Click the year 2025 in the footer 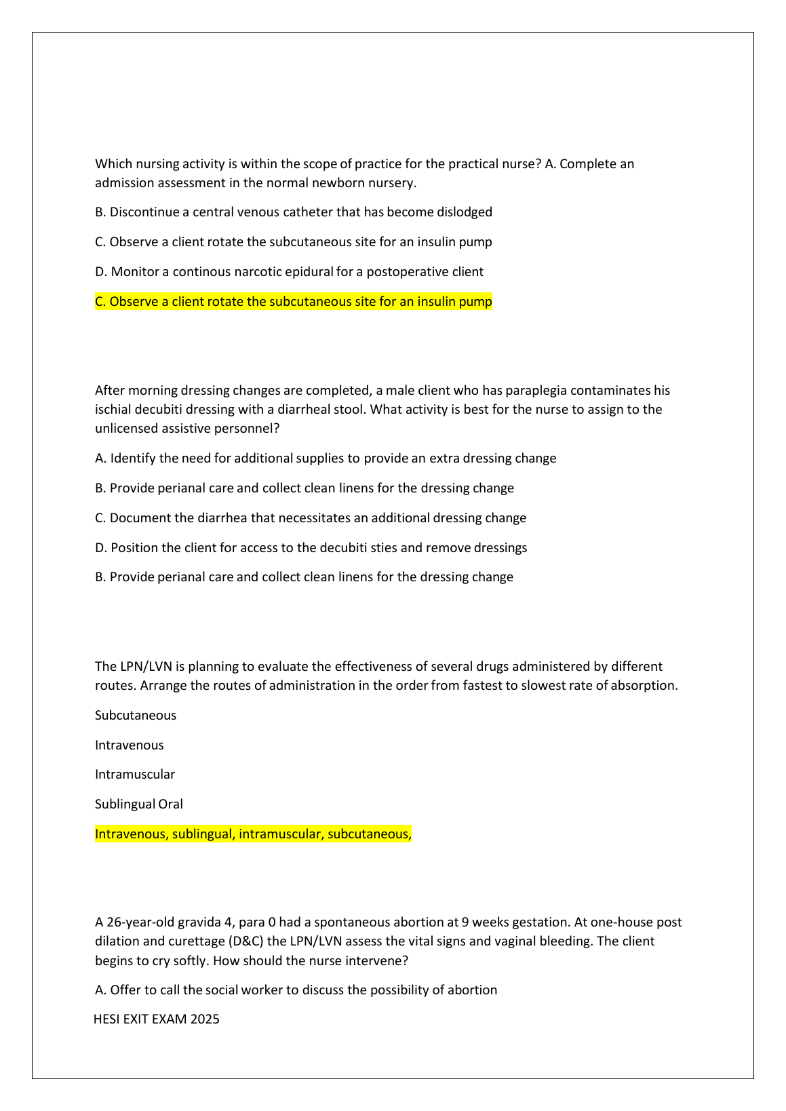[x=205, y=1019]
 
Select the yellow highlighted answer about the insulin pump [x=294, y=301]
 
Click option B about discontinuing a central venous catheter [x=294, y=212]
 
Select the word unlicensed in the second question [x=127, y=428]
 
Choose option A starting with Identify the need [x=326, y=458]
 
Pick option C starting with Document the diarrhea [x=311, y=518]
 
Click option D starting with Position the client [x=311, y=547]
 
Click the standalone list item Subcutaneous [x=136, y=715]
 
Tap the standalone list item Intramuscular [x=135, y=774]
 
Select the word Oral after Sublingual [x=171, y=804]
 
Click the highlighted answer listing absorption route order [x=253, y=834]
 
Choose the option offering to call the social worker [x=296, y=990]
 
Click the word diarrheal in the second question [x=304, y=409]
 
